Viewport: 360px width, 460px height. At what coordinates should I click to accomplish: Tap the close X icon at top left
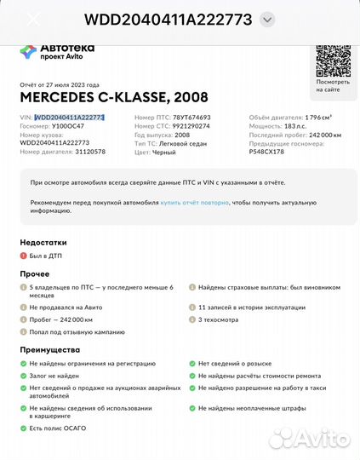(x=33, y=19)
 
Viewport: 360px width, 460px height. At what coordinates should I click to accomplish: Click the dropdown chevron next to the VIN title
(x=267, y=19)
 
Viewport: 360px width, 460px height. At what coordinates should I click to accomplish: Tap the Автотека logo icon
(x=27, y=52)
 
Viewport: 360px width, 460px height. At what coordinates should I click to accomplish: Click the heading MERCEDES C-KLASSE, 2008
(x=101, y=98)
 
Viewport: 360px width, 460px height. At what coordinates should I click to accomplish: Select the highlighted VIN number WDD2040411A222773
(x=68, y=118)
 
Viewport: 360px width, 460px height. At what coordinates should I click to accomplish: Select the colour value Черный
(x=164, y=152)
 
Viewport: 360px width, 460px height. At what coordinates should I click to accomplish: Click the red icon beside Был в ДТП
(x=24, y=256)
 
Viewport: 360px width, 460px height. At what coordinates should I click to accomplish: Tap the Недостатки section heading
(x=44, y=243)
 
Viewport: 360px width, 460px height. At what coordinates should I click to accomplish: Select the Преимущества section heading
(x=50, y=349)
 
